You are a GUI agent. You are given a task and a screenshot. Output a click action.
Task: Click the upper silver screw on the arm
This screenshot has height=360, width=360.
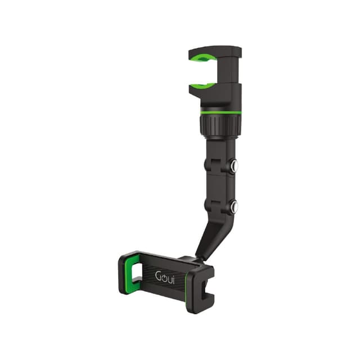click(233, 166)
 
